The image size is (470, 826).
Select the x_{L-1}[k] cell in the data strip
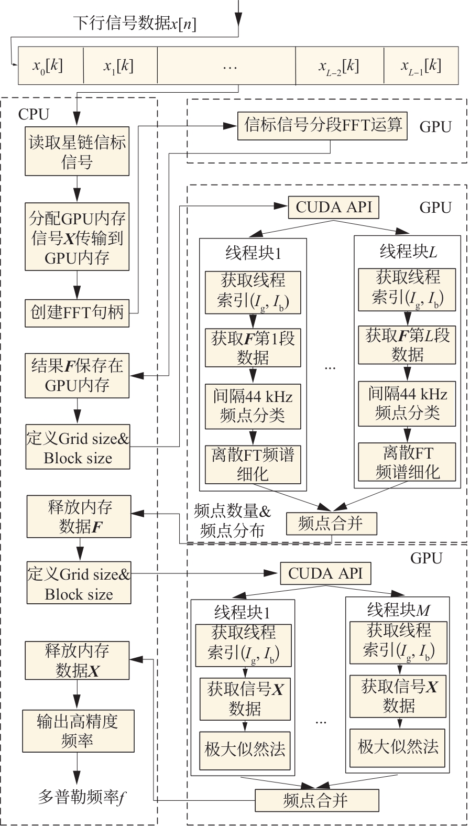(421, 66)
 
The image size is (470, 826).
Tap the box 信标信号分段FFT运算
(322, 126)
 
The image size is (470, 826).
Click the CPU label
(34, 114)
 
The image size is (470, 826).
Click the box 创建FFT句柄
(77, 313)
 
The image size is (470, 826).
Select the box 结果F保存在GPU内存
(77, 376)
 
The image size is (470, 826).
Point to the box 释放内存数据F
(79, 517)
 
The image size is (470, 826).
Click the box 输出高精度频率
(78, 731)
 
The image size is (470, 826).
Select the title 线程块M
(398, 610)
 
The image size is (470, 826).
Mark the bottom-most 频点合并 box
(316, 800)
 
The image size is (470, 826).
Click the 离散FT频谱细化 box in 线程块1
(253, 464)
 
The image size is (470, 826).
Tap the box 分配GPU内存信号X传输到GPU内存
(77, 237)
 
